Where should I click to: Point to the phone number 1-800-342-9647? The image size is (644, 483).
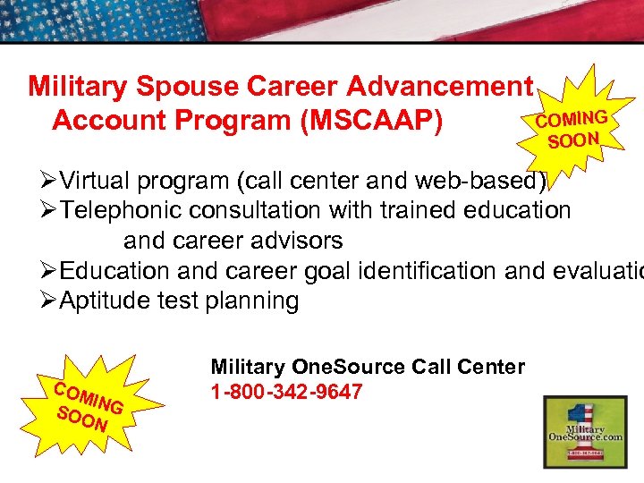(286, 391)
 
